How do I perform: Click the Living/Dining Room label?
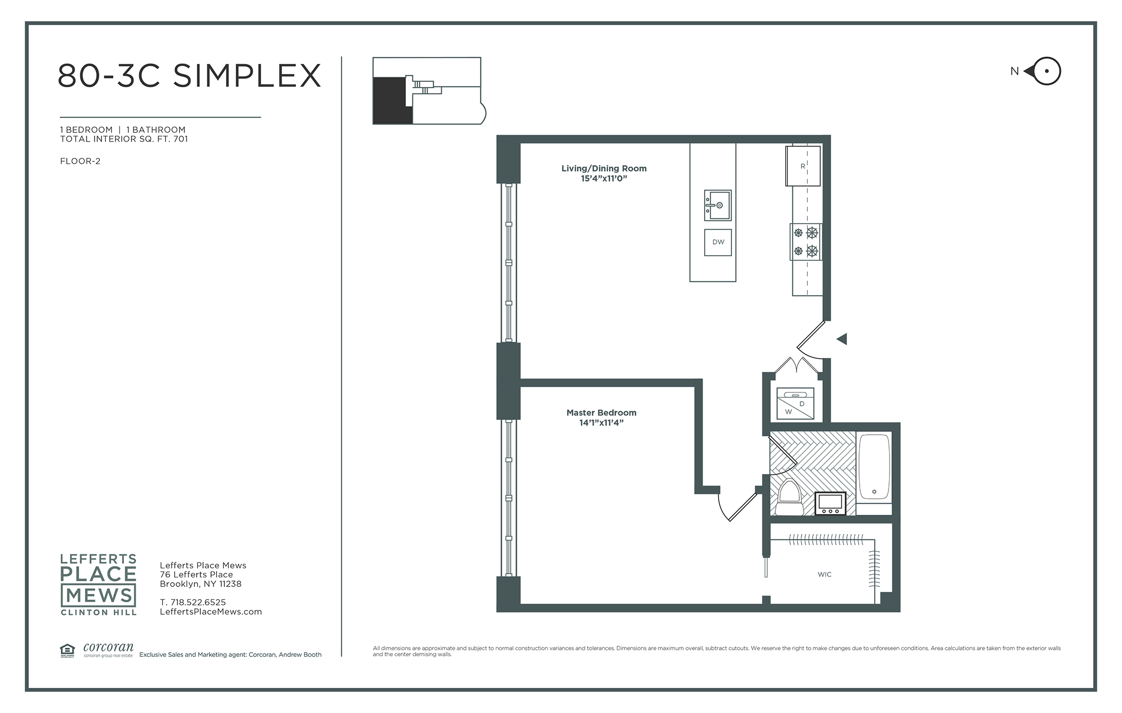604,168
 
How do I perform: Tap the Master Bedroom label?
602,412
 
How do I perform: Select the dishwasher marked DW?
718,242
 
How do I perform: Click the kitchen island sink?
718,205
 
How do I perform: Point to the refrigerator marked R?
803,166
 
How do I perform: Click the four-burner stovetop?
806,242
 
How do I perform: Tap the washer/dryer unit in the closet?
795,403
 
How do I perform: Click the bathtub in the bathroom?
874,467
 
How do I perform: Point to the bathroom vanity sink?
830,504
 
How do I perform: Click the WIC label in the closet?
824,574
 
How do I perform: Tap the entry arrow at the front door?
842,339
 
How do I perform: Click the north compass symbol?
1042,71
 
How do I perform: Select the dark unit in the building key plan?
392,100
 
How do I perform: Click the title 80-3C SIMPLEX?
189,75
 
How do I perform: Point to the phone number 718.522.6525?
198,602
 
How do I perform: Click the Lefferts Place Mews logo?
98,584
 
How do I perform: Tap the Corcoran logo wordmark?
108,647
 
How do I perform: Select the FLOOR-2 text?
80,161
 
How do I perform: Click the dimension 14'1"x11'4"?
602,423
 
